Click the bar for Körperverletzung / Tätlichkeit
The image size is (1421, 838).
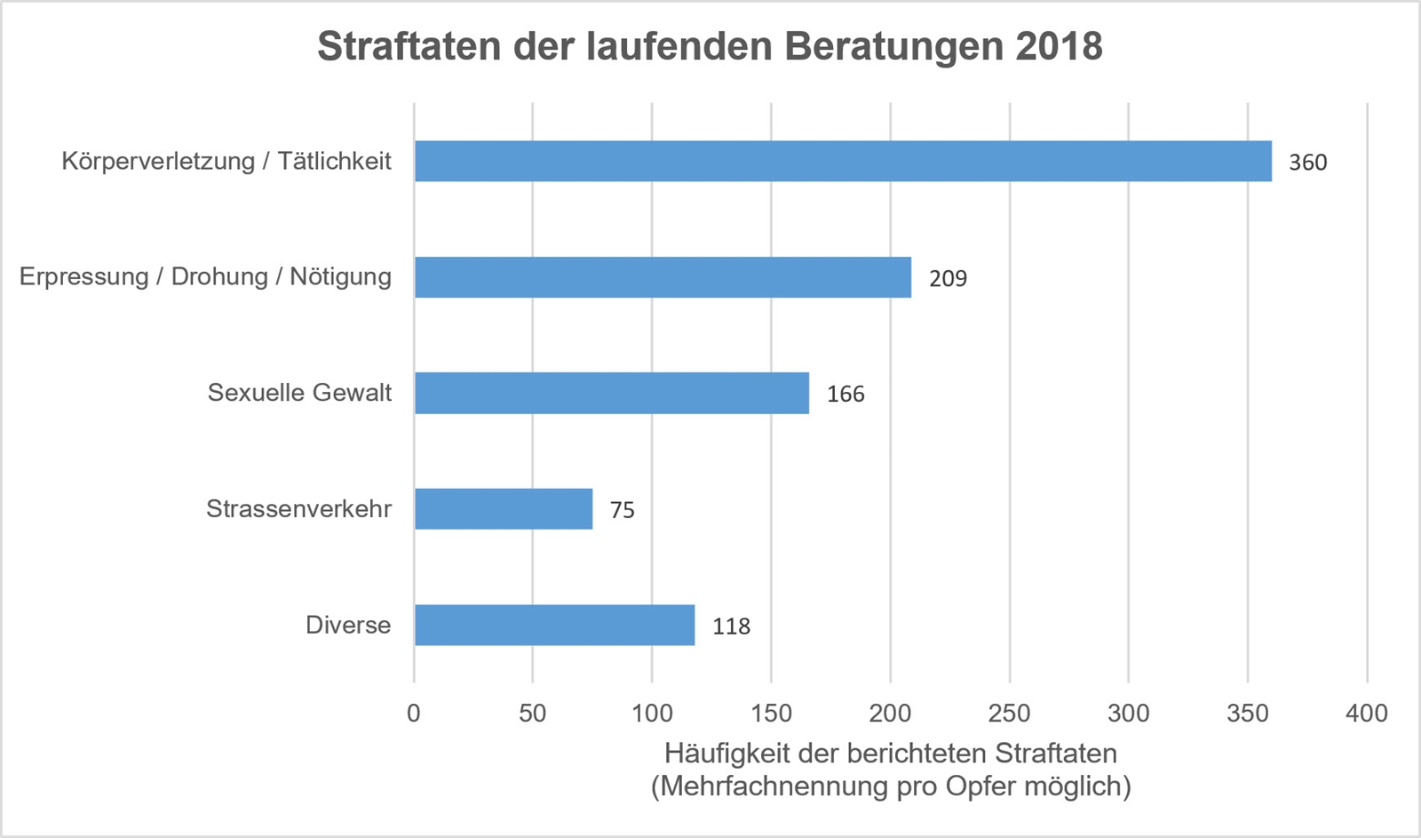click(x=843, y=161)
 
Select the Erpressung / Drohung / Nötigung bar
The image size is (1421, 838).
click(x=663, y=277)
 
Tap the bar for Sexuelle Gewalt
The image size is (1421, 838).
click(x=612, y=393)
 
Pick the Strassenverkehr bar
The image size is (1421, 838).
click(x=504, y=509)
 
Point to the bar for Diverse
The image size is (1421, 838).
click(x=554, y=625)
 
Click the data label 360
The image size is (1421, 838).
click(x=1307, y=163)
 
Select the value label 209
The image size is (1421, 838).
click(x=948, y=279)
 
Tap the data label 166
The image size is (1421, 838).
click(x=845, y=395)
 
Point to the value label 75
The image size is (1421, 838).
click(x=622, y=510)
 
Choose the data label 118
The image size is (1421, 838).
click(x=731, y=627)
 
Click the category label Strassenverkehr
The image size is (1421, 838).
click(x=298, y=509)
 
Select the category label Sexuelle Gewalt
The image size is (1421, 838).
click(x=299, y=393)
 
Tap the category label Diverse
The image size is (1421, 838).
click(x=348, y=625)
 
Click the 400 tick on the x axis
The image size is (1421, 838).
click(x=1367, y=713)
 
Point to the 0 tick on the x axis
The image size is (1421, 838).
click(x=414, y=713)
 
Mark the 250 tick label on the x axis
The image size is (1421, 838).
click(x=1009, y=713)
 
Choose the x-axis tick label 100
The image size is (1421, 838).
click(x=652, y=713)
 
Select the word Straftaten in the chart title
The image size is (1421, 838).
click(x=409, y=46)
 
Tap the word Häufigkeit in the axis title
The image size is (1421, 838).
click(x=726, y=754)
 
